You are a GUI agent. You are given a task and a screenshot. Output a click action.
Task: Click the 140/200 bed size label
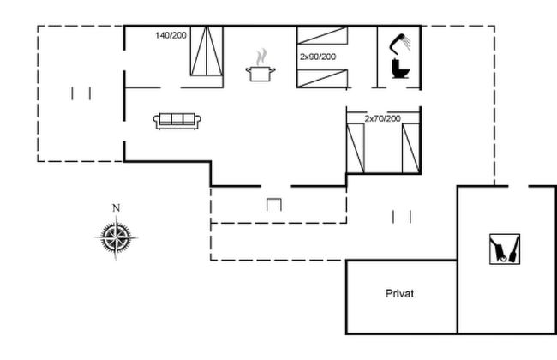click(171, 35)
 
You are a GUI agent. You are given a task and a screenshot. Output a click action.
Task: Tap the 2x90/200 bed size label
click(318, 57)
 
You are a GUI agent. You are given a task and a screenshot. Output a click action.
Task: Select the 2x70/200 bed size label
click(382, 118)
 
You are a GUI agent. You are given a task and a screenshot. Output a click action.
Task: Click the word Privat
click(399, 293)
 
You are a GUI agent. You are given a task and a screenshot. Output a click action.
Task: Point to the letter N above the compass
click(117, 208)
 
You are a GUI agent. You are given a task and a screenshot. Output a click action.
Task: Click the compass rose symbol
click(117, 237)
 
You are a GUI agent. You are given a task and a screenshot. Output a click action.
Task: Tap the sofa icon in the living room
click(177, 121)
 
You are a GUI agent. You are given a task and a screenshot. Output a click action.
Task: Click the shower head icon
click(400, 43)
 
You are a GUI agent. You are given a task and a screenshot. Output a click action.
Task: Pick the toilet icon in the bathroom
click(400, 69)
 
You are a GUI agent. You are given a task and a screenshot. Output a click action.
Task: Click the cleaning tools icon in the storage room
click(505, 249)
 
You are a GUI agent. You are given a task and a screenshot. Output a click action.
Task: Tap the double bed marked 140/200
click(207, 51)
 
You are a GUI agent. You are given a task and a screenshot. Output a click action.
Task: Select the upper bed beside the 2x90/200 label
click(322, 35)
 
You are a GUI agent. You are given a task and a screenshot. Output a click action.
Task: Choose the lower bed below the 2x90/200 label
click(322, 79)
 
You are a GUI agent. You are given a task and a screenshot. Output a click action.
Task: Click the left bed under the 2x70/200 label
click(356, 148)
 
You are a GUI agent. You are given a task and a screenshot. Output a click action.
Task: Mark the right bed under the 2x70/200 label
click(411, 148)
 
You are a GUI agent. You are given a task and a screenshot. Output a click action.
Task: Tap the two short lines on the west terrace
click(81, 93)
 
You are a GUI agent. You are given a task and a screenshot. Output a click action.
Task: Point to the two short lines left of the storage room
click(402, 217)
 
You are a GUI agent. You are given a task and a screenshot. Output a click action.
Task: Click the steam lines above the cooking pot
click(261, 57)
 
